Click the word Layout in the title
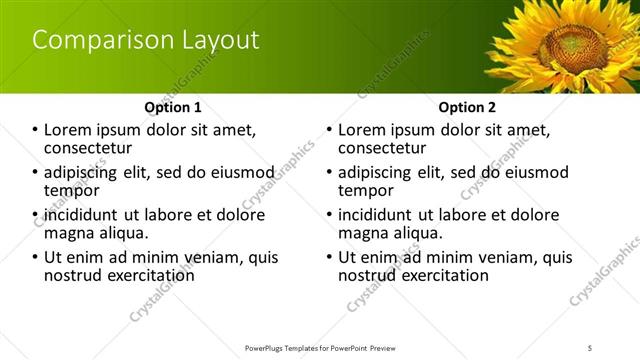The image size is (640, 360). tap(214, 41)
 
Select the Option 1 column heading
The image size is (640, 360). tap(173, 107)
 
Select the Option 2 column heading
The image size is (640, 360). tap(467, 107)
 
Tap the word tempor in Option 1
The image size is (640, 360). tap(71, 190)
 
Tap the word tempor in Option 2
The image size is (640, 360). tap(365, 190)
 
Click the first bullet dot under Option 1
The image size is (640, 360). tap(35, 130)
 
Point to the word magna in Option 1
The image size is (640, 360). tap(69, 233)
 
